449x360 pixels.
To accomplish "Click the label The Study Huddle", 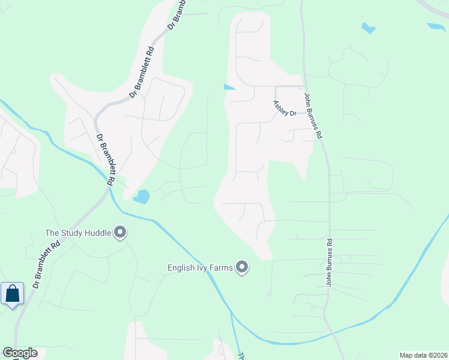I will click(x=78, y=232).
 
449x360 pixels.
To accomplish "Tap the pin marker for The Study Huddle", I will click(x=120, y=232).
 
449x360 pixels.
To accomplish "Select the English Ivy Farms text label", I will click(x=199, y=267).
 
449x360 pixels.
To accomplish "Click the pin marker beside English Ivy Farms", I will click(x=242, y=266).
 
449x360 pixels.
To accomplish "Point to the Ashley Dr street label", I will click(x=285, y=109).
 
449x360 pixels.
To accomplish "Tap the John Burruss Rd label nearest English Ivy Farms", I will click(x=329, y=263).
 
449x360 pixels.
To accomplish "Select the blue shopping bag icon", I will click(x=13, y=294).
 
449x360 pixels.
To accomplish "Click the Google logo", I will click(x=20, y=353).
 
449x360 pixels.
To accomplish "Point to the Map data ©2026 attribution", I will click(x=423, y=355).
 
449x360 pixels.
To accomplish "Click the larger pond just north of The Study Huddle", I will click(x=141, y=196).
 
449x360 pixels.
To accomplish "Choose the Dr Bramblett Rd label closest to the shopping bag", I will click(x=47, y=265).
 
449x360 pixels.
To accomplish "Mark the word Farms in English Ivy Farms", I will click(x=220, y=267).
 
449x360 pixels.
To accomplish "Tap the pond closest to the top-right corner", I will click(x=436, y=27).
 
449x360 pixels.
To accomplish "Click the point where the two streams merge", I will click(x=231, y=313).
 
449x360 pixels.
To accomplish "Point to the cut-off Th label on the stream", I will click(x=241, y=355).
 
